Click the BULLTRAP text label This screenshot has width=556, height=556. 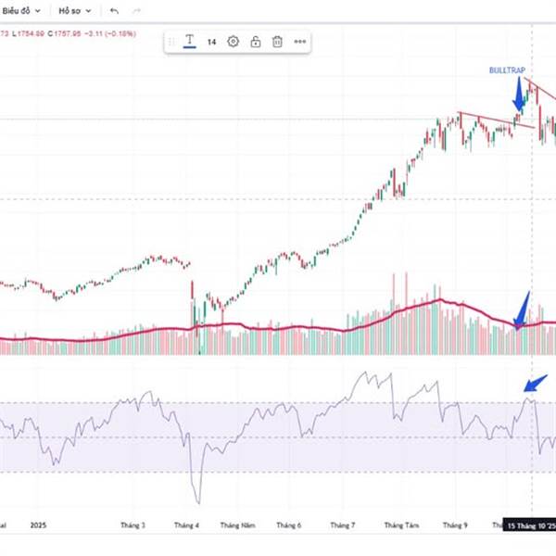click(x=508, y=69)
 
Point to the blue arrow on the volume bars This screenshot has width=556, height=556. click(x=523, y=310)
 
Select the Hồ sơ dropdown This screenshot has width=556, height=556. click(x=74, y=11)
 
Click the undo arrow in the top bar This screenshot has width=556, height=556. click(x=114, y=11)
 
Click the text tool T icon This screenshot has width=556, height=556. click(x=189, y=42)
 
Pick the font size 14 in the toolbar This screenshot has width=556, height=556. click(x=211, y=42)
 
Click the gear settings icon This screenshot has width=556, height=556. click(x=233, y=42)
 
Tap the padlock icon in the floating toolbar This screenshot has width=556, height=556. click(x=256, y=42)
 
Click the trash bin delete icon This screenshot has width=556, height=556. click(x=277, y=42)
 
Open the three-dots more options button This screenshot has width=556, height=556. click(x=300, y=42)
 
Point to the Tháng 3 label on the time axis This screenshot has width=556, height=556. click(x=133, y=525)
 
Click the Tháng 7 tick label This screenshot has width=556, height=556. click(x=343, y=525)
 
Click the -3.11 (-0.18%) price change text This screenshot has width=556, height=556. click(x=109, y=33)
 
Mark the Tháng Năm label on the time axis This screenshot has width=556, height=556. click(x=237, y=525)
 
